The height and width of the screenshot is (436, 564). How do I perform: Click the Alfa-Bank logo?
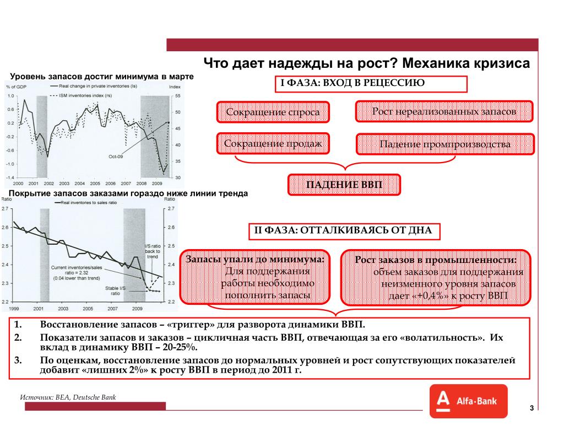point(468,401)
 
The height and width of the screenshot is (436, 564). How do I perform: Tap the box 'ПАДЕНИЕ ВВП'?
point(344,185)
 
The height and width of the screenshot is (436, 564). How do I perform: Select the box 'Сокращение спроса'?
point(273,112)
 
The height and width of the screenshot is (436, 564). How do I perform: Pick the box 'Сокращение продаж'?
point(273,144)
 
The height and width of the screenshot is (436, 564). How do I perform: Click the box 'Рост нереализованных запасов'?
point(444,112)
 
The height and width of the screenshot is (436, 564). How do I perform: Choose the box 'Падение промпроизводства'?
point(444,144)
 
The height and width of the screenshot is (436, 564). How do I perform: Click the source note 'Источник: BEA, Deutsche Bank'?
point(68,397)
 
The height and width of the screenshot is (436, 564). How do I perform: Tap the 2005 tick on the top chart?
point(95,183)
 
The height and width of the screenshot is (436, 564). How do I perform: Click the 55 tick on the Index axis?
point(178,96)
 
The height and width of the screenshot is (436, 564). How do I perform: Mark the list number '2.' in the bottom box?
point(18,337)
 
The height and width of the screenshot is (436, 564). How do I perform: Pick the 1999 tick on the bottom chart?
point(14,308)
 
